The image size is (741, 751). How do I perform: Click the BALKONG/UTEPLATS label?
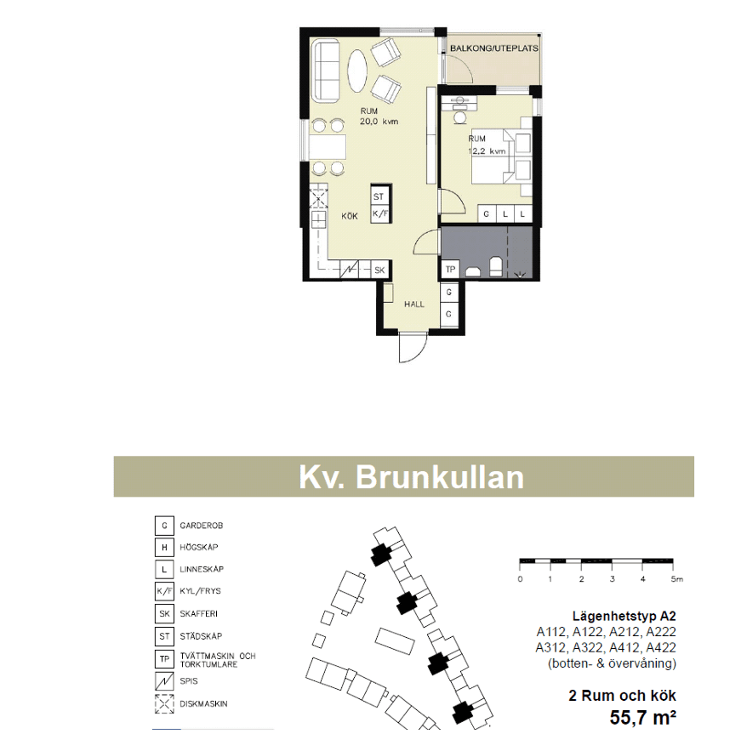point(493,48)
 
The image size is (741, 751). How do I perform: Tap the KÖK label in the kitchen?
point(350,216)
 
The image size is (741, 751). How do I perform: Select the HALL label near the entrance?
point(413,304)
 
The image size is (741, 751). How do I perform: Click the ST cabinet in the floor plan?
point(379,196)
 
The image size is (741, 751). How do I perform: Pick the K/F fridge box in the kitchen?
point(379,213)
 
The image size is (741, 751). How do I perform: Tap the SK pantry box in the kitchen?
point(379,270)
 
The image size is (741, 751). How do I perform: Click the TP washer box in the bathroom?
point(450,269)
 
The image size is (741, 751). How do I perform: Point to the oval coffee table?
point(358,71)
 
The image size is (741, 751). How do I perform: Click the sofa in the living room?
point(326,71)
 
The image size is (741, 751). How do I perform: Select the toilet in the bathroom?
point(496,267)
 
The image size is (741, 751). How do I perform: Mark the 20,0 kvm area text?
point(379,122)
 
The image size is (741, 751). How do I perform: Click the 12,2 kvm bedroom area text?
point(487,151)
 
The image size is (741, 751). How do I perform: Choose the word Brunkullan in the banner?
point(440,477)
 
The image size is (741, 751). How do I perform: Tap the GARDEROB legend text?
point(201,526)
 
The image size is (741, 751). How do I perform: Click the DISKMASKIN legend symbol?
point(164,703)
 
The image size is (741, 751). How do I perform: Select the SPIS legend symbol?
point(164,681)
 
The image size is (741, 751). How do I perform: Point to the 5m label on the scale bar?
point(676,579)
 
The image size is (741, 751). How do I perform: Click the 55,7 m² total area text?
point(643,718)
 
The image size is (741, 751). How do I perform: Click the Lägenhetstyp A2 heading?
point(624,616)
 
